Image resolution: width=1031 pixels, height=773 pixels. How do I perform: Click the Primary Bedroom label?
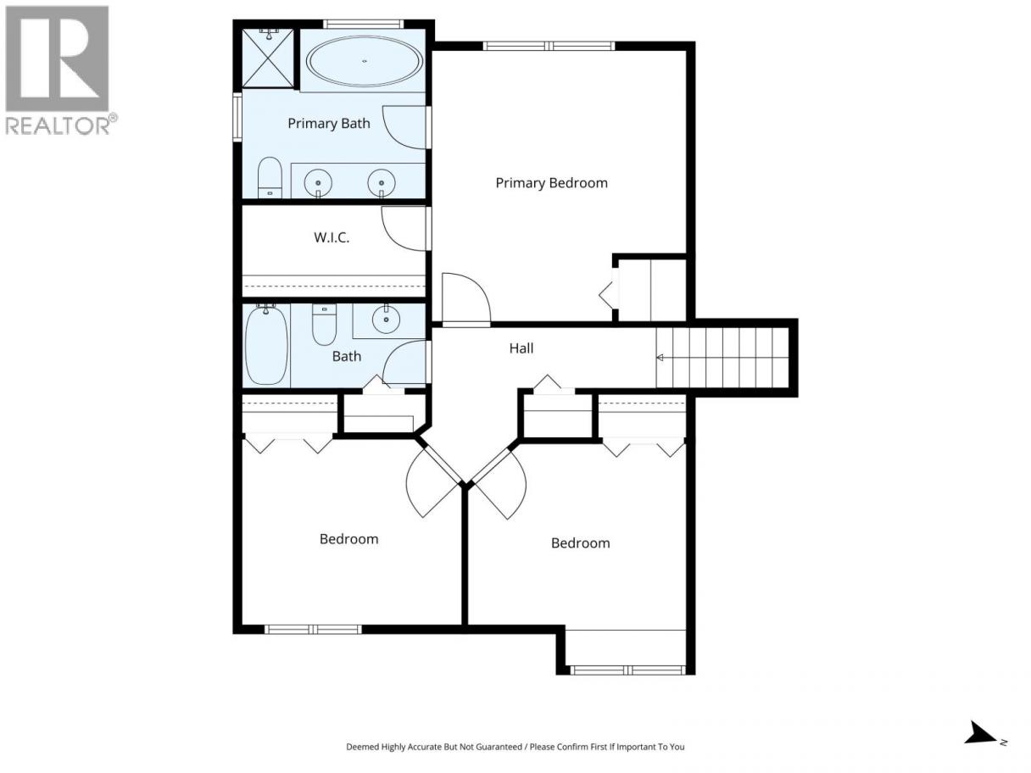coord(551,182)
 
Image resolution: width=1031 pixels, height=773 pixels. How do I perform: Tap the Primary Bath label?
coord(329,124)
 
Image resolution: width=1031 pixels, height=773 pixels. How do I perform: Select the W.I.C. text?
coord(332,237)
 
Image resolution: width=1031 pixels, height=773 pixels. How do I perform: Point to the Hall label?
coord(521,348)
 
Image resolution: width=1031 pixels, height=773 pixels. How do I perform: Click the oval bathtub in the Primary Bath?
coord(364,61)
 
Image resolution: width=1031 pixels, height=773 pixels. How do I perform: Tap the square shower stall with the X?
coord(268,58)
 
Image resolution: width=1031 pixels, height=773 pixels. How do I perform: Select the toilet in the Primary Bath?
coord(270,177)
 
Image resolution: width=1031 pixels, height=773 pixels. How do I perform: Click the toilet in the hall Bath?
coord(324,325)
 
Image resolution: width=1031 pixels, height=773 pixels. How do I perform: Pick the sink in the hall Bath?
coord(386,320)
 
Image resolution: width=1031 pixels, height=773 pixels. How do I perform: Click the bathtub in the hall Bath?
coord(266,344)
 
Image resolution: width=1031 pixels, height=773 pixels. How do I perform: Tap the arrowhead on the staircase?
coord(660,358)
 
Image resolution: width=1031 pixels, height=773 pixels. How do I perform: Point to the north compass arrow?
coord(981,745)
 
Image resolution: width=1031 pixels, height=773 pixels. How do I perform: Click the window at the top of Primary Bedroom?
coord(549,46)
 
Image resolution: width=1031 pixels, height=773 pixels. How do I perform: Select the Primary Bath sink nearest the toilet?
coord(318,182)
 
